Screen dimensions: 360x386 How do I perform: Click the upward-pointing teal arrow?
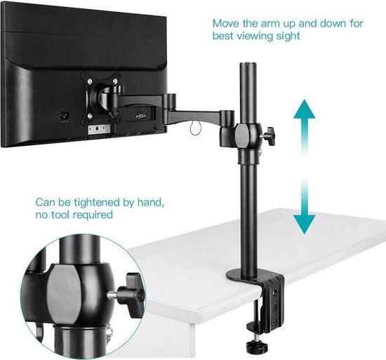(303, 121)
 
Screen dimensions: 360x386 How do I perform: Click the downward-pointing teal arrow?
(303, 210)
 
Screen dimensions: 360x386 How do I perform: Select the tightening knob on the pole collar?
(270, 133)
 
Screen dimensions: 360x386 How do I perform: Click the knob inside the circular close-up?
(131, 288)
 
